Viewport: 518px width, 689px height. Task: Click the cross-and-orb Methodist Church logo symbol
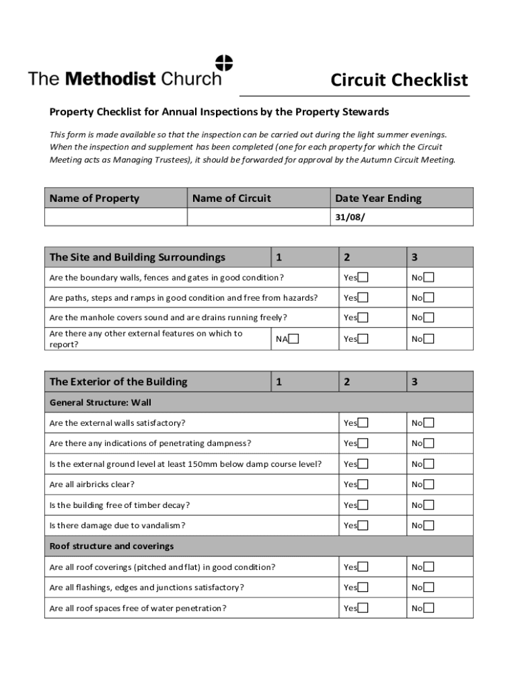point(223,63)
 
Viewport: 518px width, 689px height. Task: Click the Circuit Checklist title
point(399,81)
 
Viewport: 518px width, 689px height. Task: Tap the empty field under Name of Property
point(116,217)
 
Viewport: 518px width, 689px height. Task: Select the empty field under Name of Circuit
point(258,217)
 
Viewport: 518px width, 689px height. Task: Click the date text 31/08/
point(350,217)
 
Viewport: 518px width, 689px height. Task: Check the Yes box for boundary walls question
point(363,278)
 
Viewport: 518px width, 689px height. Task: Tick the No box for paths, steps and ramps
point(429,297)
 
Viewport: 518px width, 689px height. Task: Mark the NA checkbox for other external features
point(294,339)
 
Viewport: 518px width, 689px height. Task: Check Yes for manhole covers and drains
point(363,318)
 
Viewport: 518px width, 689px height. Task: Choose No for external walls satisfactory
point(429,423)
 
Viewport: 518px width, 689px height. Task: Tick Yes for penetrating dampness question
point(363,443)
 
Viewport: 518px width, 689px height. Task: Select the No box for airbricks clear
point(429,484)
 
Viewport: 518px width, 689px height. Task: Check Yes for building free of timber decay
point(363,505)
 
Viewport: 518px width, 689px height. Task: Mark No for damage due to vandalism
point(429,525)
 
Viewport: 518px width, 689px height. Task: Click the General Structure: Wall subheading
point(100,403)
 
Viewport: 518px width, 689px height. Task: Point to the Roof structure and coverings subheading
point(112,546)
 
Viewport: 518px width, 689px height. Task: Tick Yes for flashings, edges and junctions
point(363,587)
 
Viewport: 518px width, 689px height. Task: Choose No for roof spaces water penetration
point(429,608)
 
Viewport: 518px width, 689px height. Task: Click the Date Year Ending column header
point(378,198)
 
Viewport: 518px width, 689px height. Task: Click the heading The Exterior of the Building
point(118,382)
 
